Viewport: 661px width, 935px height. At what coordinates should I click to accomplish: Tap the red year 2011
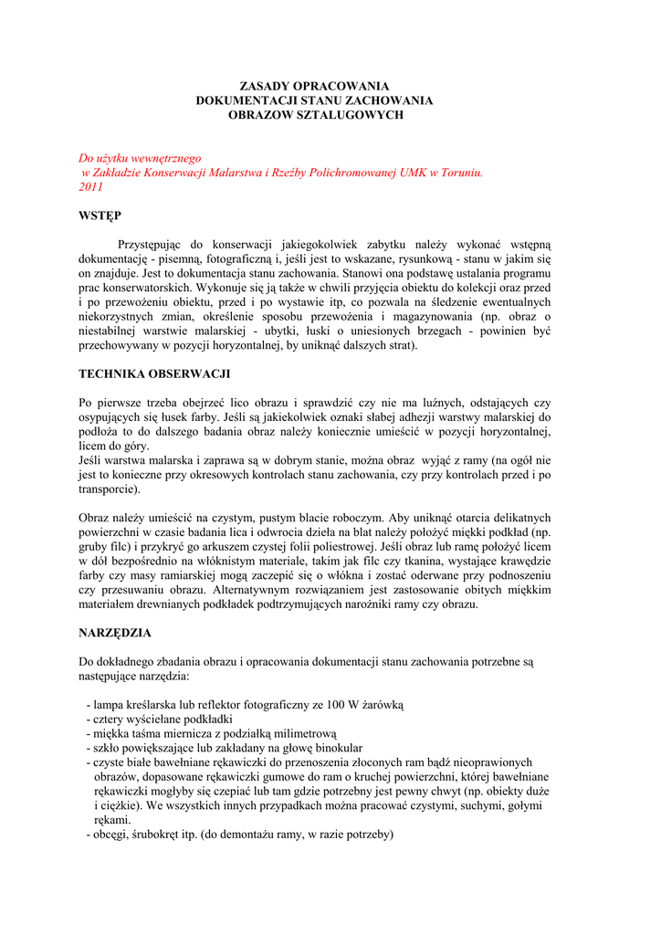point(92,186)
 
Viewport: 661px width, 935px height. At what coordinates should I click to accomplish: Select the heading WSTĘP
point(100,215)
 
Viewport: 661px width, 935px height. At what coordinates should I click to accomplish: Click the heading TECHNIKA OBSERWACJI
point(154,373)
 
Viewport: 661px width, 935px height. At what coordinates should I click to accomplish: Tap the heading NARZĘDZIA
point(115,632)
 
